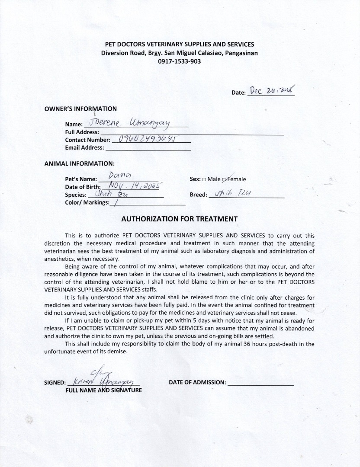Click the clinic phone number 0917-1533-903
coord(180,61)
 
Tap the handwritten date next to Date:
coord(272,90)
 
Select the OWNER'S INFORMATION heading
coord(80,109)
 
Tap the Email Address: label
coord(84,147)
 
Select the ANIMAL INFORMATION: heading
coord(79,163)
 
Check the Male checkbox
coord(204,179)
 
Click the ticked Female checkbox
coord(224,179)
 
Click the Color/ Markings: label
coord(87,202)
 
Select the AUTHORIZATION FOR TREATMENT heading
coord(180,219)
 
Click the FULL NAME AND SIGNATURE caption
coord(103,390)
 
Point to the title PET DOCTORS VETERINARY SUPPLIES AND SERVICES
coord(180,44)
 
